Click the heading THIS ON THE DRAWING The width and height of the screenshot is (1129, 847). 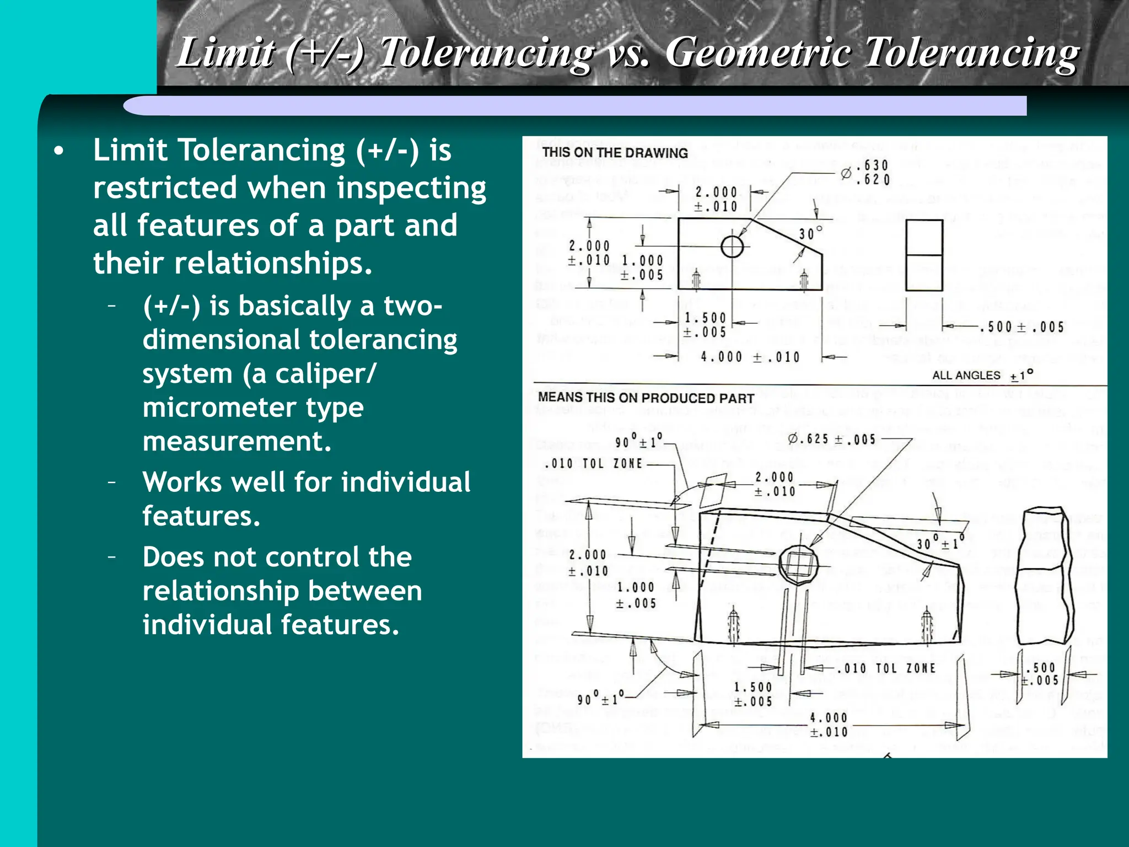pyautogui.click(x=615, y=153)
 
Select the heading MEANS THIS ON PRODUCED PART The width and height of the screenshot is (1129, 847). pyautogui.click(x=646, y=398)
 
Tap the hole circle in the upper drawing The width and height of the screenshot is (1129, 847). pyautogui.click(x=732, y=246)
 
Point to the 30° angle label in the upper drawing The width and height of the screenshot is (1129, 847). pyautogui.click(x=810, y=233)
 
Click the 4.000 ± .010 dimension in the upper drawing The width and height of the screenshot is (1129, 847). pyautogui.click(x=750, y=357)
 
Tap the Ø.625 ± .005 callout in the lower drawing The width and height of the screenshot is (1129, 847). pyautogui.click(x=832, y=439)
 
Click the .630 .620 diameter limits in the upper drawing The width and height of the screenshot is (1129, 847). pyautogui.click(x=873, y=173)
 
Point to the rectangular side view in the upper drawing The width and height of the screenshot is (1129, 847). pyautogui.click(x=924, y=255)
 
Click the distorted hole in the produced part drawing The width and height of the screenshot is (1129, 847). pyautogui.click(x=798, y=564)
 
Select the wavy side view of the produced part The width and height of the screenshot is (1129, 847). pyautogui.click(x=1044, y=576)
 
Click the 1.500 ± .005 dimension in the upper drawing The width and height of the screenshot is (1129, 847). pyautogui.click(x=705, y=325)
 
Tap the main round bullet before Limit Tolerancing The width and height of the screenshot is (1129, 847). pyautogui.click(x=60, y=151)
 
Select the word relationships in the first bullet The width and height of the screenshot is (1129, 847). pyautogui.click(x=273, y=263)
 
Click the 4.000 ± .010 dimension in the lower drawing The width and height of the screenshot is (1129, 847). pyautogui.click(x=829, y=725)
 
